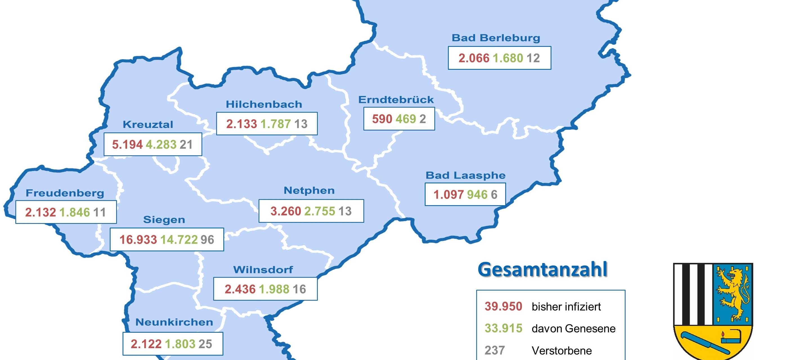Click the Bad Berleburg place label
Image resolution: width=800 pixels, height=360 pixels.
[496, 38]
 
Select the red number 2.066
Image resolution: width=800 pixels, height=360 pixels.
[474, 58]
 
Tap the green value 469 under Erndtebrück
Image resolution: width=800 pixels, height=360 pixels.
[405, 119]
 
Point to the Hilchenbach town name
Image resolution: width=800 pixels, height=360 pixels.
[264, 104]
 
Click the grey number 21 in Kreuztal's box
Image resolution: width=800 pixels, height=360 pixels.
[186, 145]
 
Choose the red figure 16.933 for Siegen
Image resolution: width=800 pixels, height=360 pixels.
[138, 239]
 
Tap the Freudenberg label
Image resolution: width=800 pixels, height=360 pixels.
[65, 193]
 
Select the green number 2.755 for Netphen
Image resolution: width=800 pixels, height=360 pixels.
[320, 211]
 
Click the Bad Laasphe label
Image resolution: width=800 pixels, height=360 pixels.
[465, 175]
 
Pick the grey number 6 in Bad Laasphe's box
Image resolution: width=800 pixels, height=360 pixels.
[494, 195]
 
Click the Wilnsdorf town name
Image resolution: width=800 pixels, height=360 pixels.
[263, 270]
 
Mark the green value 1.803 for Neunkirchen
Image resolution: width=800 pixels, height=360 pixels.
[180, 344]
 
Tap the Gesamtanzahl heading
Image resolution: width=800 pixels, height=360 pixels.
[542, 270]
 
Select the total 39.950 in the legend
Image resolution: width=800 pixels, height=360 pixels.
[503, 307]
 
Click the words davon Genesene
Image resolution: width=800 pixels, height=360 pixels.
[573, 328]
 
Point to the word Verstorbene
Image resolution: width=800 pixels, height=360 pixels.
[561, 351]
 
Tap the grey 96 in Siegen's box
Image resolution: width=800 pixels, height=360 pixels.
[207, 239]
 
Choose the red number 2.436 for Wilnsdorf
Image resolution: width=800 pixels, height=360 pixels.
[240, 289]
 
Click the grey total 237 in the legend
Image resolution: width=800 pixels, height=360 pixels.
[495, 351]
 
